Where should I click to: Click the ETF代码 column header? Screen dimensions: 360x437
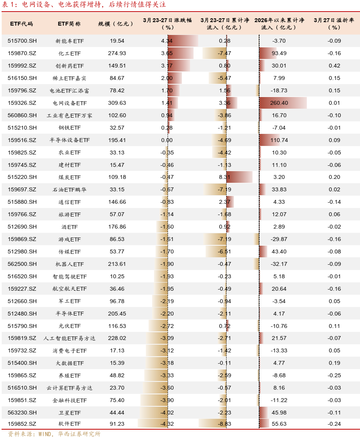click(x=21, y=24)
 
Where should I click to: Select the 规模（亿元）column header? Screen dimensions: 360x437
click(x=116, y=24)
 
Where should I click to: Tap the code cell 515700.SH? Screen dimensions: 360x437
click(x=22, y=41)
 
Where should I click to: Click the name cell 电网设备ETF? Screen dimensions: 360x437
click(x=70, y=103)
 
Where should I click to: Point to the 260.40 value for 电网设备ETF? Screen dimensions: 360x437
click(x=279, y=103)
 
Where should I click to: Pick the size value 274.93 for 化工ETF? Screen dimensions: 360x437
click(x=117, y=53)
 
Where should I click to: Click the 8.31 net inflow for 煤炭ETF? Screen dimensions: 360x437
click(x=225, y=177)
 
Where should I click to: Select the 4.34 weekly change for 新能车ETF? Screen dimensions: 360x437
click(x=167, y=41)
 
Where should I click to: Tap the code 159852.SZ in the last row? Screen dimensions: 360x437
click(x=22, y=424)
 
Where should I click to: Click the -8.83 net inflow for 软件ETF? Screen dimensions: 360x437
click(x=225, y=424)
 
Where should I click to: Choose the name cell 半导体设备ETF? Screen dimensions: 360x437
click(x=70, y=140)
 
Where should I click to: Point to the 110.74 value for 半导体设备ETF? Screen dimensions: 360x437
click(x=279, y=140)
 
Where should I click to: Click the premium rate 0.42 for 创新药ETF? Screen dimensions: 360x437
click(x=334, y=66)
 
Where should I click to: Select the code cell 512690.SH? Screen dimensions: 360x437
click(x=22, y=227)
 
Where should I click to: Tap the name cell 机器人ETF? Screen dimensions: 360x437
click(x=70, y=264)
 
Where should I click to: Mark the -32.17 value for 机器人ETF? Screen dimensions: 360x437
click(x=279, y=264)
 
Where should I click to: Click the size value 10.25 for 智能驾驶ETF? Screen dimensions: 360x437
click(x=117, y=276)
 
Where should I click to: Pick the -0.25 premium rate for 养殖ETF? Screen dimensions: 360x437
click(x=334, y=375)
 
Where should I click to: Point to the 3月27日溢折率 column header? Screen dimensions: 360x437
click(x=334, y=24)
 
